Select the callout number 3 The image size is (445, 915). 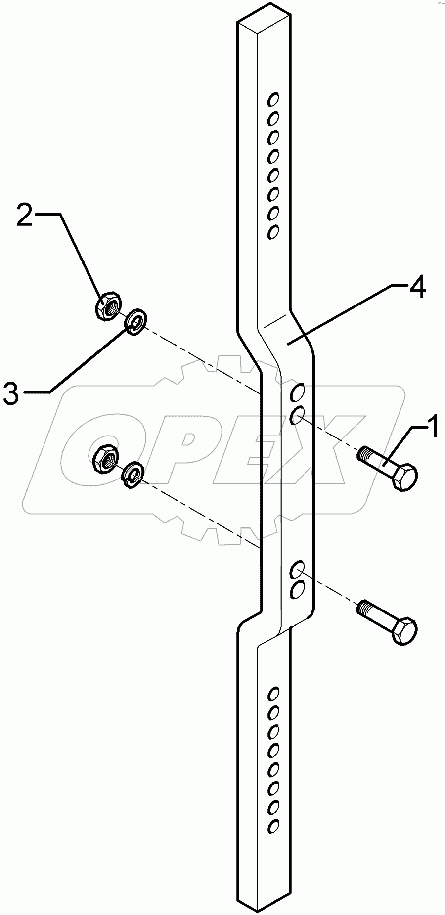pos(11,394)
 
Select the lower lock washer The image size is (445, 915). pos(132,475)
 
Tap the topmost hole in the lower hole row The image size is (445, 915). pos(272,693)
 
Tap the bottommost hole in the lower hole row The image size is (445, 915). pos(272,825)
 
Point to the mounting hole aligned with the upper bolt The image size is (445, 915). pos(298,415)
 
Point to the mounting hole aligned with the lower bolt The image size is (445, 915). pos(298,568)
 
